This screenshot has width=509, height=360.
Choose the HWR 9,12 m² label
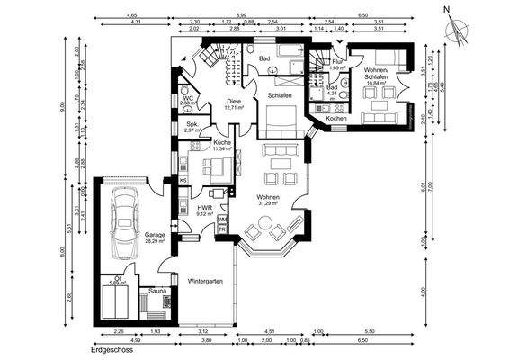tap(204, 211)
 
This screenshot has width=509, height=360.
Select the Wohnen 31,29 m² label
tap(268, 199)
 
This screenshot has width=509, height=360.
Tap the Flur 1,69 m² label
tap(338, 65)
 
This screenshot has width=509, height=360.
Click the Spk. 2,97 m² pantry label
tap(192, 127)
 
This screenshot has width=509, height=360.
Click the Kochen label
tap(336, 119)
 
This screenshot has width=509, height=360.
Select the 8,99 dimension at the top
tap(241, 15)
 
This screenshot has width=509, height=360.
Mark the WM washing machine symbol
tap(221, 218)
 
